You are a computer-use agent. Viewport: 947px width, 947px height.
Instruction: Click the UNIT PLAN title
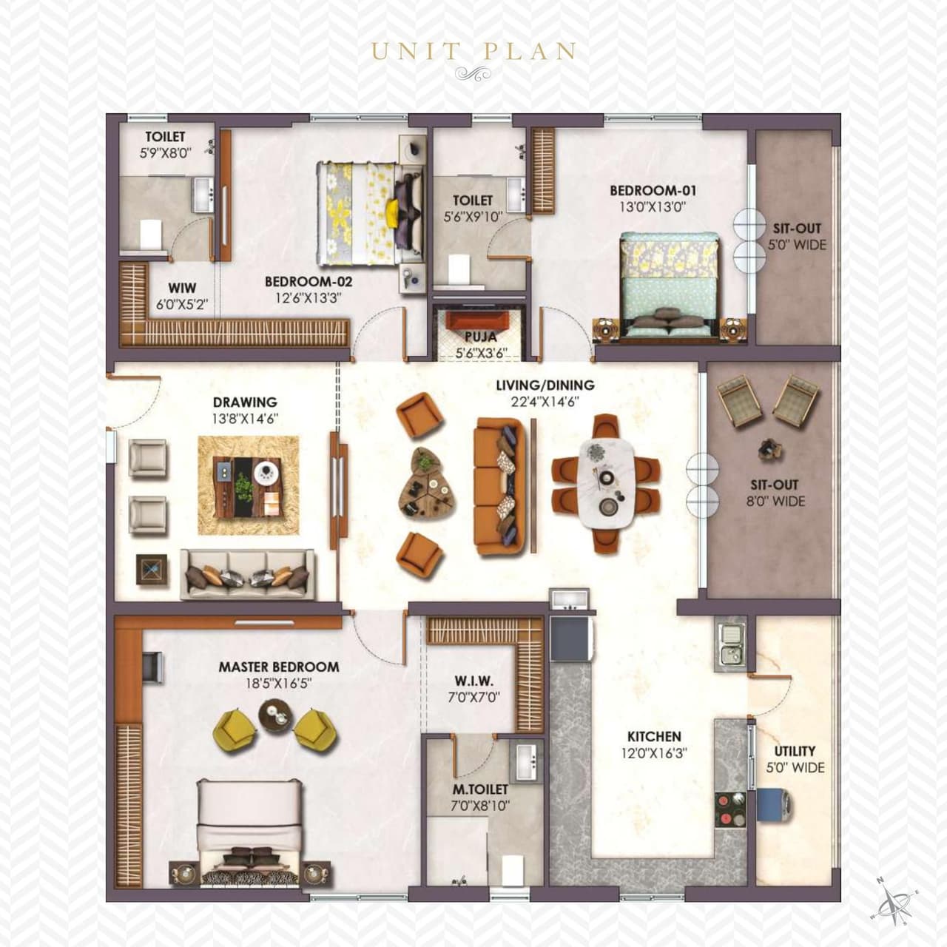coord(473,51)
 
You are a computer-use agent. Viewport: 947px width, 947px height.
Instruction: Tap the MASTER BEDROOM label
coord(279,667)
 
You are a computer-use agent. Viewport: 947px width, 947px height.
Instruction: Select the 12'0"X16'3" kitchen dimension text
coord(654,753)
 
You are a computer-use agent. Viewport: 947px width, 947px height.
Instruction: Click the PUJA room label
coord(481,337)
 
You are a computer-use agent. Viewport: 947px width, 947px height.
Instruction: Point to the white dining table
coord(607,482)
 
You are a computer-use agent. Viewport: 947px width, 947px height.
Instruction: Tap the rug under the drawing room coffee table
coord(249,485)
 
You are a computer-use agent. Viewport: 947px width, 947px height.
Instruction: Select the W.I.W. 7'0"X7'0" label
coord(474,688)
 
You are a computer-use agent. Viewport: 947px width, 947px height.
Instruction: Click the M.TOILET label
coord(480,789)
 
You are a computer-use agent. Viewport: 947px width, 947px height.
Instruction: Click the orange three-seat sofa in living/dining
coord(499,486)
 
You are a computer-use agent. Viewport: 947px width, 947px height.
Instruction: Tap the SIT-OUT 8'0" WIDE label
coord(775,493)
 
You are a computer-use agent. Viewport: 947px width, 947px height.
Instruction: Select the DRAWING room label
coord(245,402)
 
